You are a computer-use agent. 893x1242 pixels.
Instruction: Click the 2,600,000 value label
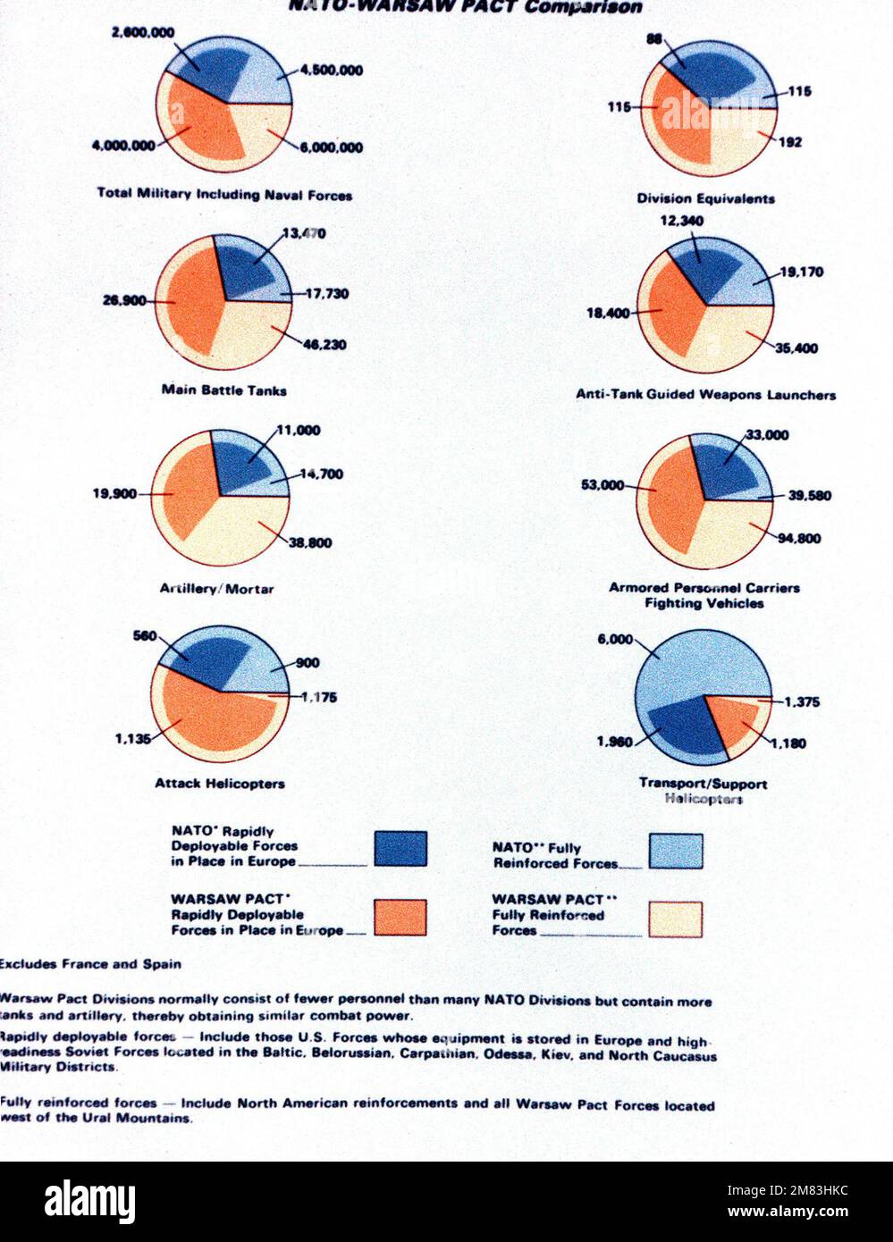coord(143,32)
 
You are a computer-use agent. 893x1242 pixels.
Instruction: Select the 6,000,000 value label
coord(331,147)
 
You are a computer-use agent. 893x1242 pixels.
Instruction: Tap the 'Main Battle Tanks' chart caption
coord(223,390)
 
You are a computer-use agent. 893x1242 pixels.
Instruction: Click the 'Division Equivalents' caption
coord(705,198)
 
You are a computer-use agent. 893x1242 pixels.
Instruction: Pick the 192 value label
coord(790,142)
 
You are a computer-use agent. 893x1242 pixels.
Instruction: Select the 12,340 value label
coord(682,221)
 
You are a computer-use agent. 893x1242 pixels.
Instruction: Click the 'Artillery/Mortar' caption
coord(216,589)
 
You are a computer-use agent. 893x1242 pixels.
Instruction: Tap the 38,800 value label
coord(310,542)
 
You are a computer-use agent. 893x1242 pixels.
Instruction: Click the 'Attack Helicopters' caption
coord(220,784)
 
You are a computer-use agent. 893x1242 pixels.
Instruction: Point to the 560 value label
coord(145,636)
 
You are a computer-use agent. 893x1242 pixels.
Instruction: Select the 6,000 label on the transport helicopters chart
coord(614,640)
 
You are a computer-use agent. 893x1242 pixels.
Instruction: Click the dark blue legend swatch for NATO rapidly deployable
coord(400,849)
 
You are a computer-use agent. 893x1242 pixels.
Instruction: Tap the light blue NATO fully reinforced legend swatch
coord(675,852)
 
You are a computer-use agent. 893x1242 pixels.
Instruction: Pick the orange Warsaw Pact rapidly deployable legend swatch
coord(400,918)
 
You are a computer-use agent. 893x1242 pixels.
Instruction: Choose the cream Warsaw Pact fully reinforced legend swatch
coord(675,919)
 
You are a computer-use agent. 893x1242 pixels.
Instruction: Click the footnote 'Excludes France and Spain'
coord(91,964)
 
